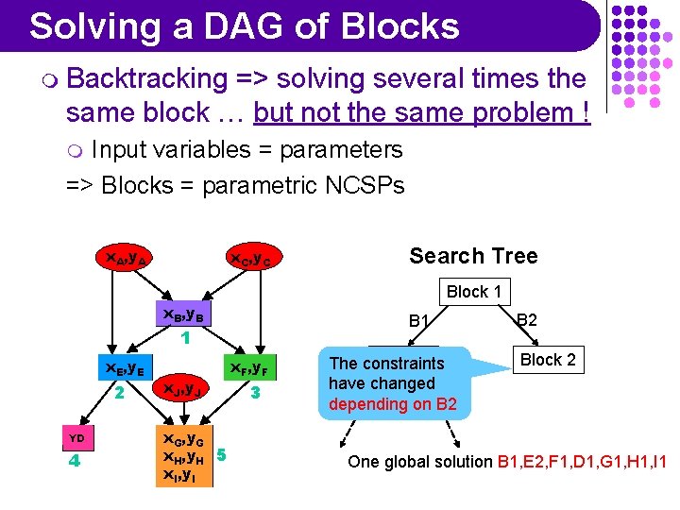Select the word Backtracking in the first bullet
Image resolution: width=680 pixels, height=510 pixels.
(147, 79)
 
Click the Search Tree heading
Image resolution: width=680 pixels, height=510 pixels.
(473, 256)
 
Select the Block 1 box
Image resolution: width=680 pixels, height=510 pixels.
(474, 292)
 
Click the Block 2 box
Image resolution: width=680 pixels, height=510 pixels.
(548, 360)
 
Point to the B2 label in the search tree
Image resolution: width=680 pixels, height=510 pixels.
(527, 320)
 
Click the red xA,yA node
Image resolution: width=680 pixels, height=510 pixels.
(123, 257)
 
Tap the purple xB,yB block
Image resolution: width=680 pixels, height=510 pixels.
(186, 314)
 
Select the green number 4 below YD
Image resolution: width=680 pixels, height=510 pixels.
(75, 463)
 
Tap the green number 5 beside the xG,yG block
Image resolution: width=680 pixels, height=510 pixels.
(221, 454)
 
